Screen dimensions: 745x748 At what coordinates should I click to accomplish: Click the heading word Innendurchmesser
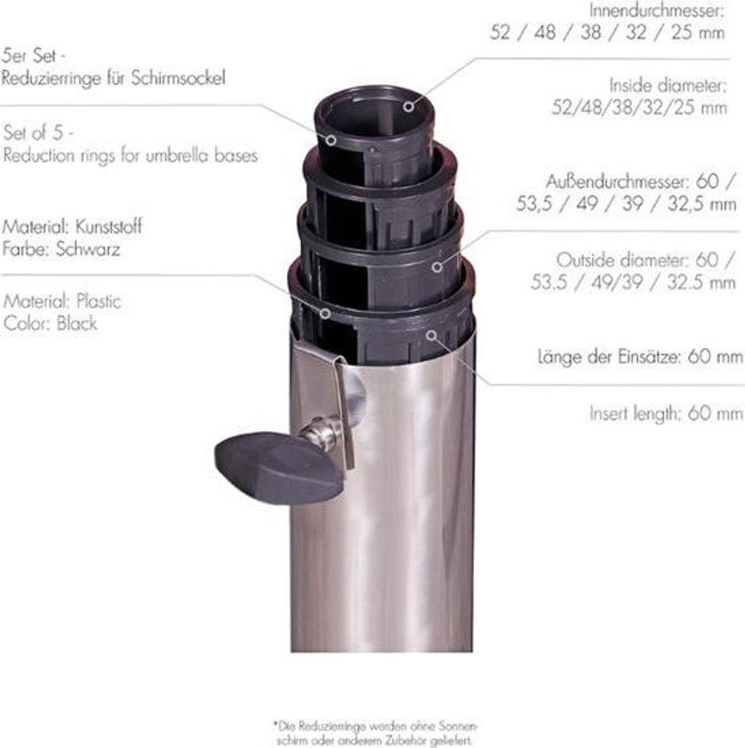tap(657, 9)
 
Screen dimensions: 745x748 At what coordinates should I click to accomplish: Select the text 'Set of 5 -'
tap(39, 133)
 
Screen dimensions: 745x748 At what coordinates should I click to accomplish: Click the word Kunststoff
tap(109, 226)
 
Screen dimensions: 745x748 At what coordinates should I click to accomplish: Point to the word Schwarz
tap(88, 248)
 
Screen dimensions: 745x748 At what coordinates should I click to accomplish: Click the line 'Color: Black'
tap(50, 323)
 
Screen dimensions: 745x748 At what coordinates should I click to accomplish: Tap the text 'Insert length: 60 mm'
tap(666, 413)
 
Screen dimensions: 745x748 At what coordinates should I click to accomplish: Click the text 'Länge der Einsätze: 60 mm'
tap(640, 356)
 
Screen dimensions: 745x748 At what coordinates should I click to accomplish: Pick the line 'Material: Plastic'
tap(62, 301)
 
